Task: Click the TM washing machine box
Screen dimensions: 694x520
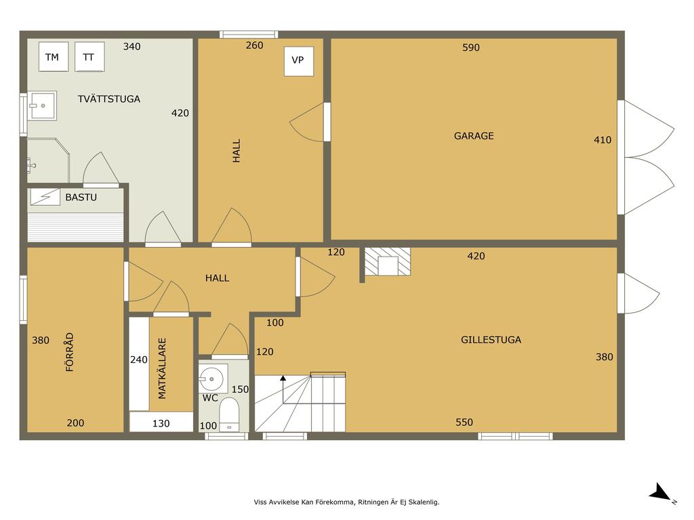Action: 54,57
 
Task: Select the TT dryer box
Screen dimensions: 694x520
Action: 89,57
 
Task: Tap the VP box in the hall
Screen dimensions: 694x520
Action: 299,61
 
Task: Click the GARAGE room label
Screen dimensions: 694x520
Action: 474,135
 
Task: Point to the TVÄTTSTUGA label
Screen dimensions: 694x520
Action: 109,99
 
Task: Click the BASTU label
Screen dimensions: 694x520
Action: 81,197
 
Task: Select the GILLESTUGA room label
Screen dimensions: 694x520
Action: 491,340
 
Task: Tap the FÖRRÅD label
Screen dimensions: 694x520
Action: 70,352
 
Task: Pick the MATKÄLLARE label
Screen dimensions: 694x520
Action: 162,368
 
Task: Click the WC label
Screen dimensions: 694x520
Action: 210,398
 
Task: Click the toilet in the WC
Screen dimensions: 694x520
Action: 229,415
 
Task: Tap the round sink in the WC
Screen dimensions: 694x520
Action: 212,379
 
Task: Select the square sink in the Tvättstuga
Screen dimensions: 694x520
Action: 41,106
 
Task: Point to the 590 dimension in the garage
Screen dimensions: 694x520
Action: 471,47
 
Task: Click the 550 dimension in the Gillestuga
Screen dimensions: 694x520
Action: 464,422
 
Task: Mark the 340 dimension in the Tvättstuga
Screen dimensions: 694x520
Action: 132,47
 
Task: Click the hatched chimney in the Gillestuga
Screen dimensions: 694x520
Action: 387,261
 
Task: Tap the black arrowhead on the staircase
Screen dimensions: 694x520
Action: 283,378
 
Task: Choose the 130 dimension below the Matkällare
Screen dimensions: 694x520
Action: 161,424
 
